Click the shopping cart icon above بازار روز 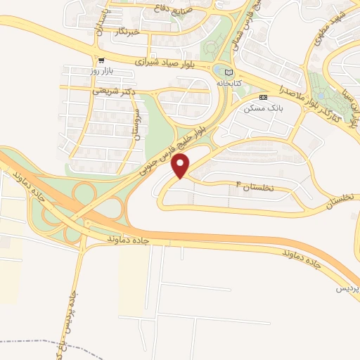[x=102, y=60]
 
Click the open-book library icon [x=227, y=72]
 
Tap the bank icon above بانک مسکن [x=263, y=97]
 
